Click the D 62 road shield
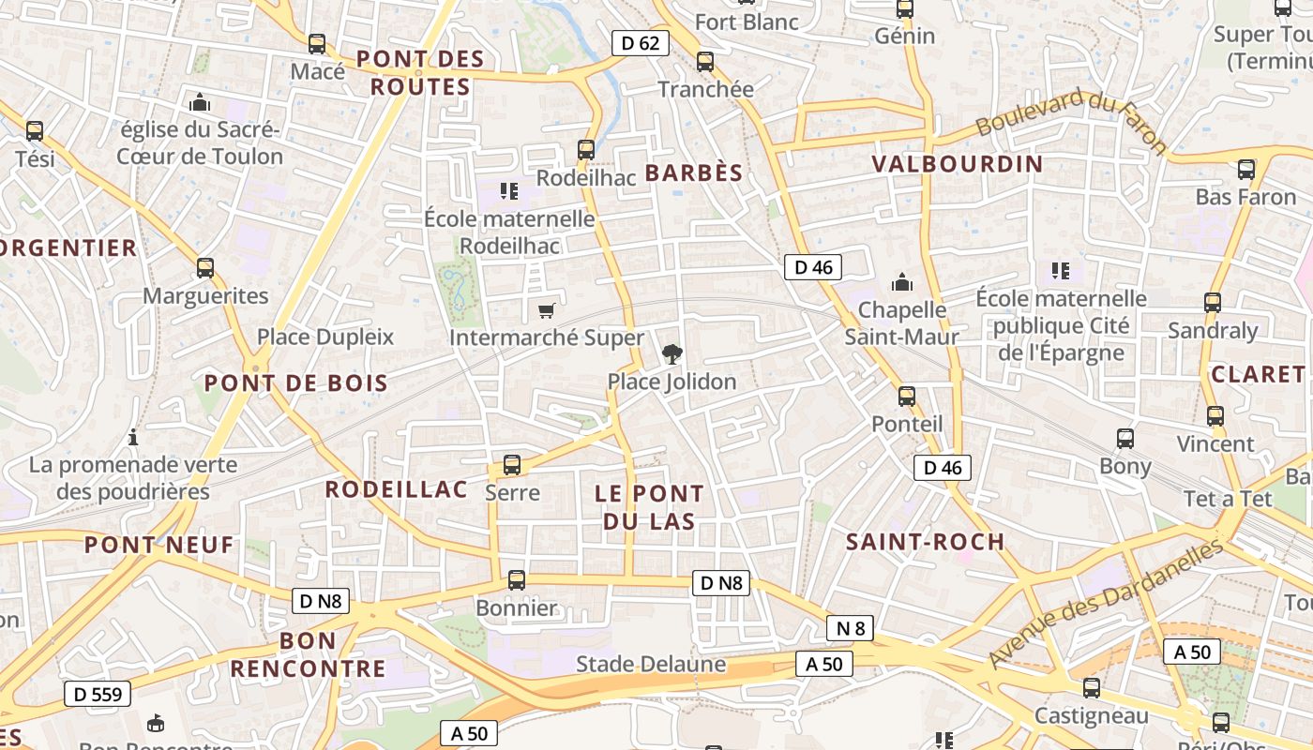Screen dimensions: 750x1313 [641, 42]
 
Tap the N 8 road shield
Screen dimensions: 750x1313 [850, 628]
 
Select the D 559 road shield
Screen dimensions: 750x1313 [98, 694]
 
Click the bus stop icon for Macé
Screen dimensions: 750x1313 [317, 44]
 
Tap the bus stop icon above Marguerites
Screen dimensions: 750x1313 [205, 268]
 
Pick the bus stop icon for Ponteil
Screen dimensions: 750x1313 [906, 397]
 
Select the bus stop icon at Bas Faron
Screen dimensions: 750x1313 [1245, 170]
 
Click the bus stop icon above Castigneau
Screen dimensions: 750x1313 [1091, 688]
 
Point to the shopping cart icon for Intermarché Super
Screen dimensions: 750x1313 [546, 310]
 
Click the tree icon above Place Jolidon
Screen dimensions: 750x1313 [672, 354]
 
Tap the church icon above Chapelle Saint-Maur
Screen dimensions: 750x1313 [902, 282]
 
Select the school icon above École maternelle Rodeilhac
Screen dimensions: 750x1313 [509, 191]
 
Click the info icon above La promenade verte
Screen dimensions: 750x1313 [133, 437]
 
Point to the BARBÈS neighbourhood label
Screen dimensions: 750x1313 [694, 172]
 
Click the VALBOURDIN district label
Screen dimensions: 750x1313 [957, 164]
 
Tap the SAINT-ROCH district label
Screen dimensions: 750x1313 [925, 541]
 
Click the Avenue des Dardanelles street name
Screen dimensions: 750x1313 [1107, 603]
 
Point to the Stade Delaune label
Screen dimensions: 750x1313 [651, 664]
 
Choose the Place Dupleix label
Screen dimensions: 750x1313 [325, 337]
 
